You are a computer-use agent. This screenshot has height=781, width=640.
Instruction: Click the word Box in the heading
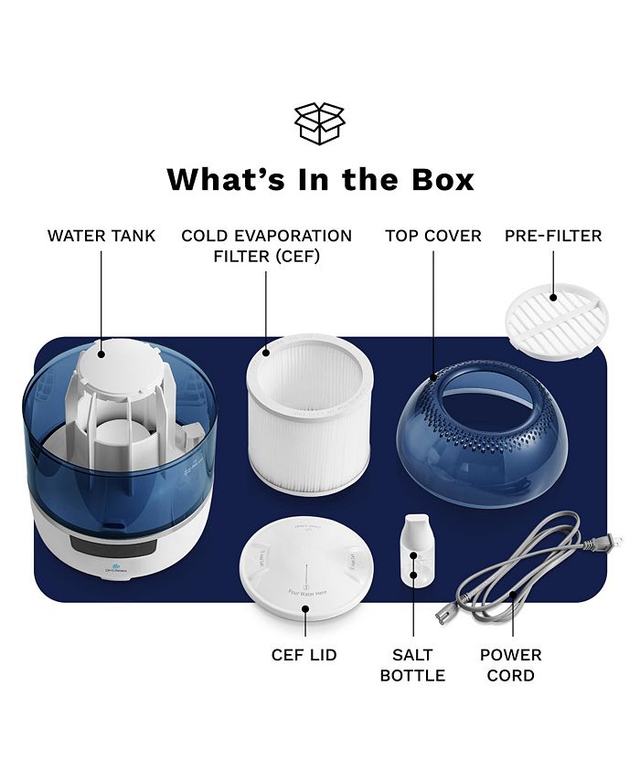[x=433, y=178]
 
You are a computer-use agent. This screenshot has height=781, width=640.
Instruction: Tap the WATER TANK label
[x=101, y=236]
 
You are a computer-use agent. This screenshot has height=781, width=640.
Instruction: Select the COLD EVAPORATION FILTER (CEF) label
[x=266, y=246]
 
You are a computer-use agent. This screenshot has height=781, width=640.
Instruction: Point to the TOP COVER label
[x=433, y=236]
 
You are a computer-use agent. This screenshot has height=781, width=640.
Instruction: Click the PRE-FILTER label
[x=553, y=236]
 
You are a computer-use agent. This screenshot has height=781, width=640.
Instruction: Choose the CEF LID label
[x=304, y=655]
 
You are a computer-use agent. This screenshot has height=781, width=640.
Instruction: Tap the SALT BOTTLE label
[x=412, y=665]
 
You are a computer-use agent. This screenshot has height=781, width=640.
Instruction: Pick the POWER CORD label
[x=511, y=665]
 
